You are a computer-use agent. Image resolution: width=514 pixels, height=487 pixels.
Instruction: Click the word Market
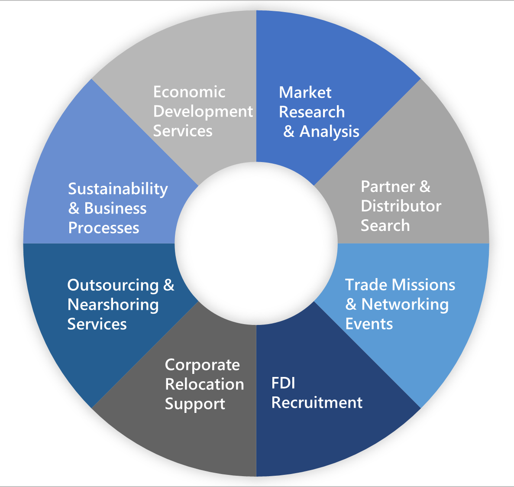[305, 92]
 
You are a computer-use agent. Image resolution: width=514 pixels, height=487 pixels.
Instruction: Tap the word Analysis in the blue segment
[329, 131]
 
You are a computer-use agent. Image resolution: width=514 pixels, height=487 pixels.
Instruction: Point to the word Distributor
[401, 206]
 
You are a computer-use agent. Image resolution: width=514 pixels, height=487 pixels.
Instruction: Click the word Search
[385, 225]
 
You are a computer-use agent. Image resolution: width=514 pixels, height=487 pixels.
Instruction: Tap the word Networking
[405, 304]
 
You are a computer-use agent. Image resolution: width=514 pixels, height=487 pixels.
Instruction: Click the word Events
[369, 324]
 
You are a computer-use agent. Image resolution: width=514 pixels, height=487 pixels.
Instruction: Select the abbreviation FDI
[283, 383]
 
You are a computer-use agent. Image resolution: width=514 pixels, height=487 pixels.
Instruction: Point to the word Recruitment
[317, 403]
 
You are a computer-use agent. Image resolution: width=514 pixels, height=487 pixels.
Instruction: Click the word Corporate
[202, 365]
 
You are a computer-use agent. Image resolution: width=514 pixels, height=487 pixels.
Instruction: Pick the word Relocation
[204, 384]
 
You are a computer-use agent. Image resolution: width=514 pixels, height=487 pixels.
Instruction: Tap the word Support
[195, 404]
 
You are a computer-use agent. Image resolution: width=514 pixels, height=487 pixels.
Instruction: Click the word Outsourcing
[113, 285]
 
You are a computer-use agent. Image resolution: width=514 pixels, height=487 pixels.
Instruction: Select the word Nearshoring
[113, 305]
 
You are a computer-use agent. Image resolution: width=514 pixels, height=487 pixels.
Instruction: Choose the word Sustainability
[118, 189]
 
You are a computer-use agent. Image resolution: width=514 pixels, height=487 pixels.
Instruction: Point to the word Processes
[103, 228]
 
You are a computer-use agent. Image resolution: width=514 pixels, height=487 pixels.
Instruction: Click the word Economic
[189, 92]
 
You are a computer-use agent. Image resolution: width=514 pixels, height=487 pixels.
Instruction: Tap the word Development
[203, 111]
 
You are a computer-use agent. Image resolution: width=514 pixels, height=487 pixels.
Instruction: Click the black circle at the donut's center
[256, 243]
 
